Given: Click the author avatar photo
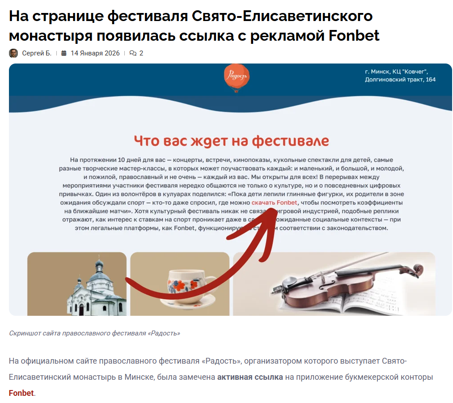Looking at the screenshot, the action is coord(13,53).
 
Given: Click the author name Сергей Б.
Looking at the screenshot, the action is coord(37,53).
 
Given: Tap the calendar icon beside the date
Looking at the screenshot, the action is coord(64,53).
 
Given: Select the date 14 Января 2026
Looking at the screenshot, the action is coord(95,53).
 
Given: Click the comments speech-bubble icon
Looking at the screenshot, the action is coord(133,53).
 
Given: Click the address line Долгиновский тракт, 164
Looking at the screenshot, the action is coord(400,80).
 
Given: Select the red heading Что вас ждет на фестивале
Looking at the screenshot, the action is coord(231,141).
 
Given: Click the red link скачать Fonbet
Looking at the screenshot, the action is coord(274,203).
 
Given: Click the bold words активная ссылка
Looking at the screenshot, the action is coord(250,377).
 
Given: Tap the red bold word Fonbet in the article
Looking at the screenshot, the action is coord(21,393).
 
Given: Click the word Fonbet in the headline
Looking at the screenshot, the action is coord(354,35).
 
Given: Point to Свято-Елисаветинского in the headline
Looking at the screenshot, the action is coord(282,16).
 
